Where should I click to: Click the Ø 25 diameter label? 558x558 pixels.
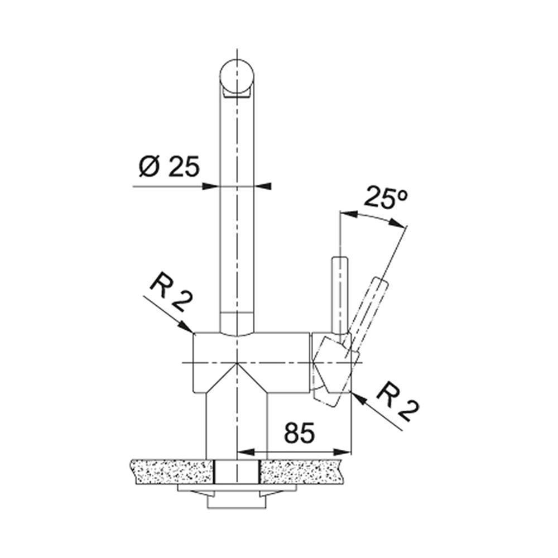pos(169,166)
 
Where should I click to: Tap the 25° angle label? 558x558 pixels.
pos(386,197)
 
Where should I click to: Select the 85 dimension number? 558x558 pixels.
pos(300,433)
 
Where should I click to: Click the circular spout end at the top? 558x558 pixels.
pos(237,76)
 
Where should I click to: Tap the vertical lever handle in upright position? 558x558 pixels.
pos(339,295)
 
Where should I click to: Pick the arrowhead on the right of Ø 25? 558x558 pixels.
pos(263,186)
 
